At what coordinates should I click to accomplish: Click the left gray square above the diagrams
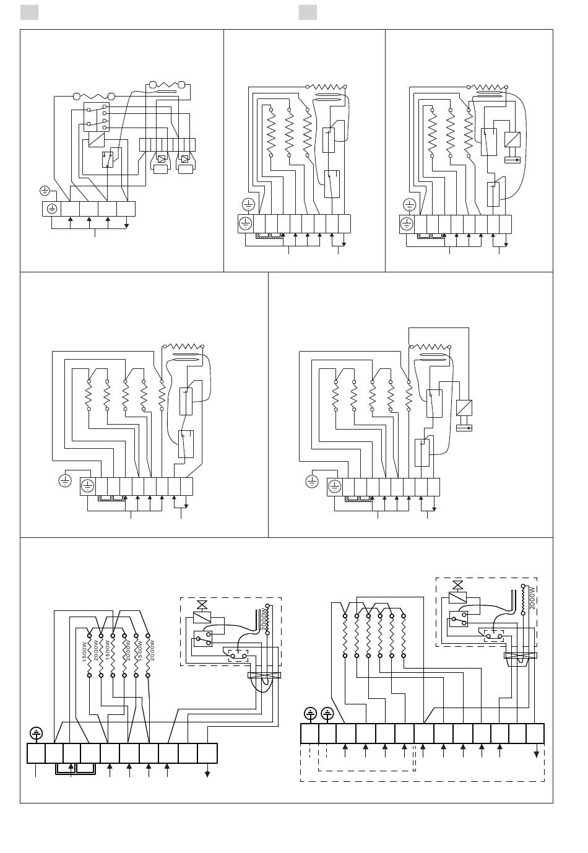pyautogui.click(x=29, y=12)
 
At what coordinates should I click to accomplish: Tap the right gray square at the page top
pyautogui.click(x=308, y=12)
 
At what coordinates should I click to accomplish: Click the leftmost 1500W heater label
pyautogui.click(x=84, y=652)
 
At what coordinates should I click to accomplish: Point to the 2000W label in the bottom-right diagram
pyautogui.click(x=532, y=598)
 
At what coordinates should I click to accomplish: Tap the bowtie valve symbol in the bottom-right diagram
pyautogui.click(x=458, y=585)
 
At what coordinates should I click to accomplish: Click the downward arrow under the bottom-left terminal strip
pyautogui.click(x=207, y=773)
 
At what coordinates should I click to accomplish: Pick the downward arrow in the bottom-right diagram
pyautogui.click(x=536, y=754)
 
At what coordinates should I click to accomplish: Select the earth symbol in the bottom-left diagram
pyautogui.click(x=37, y=734)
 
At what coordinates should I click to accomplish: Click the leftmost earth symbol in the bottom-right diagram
pyautogui.click(x=311, y=714)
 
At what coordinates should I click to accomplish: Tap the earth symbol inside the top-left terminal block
pyautogui.click(x=51, y=209)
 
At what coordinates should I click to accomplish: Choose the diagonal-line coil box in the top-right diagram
pyautogui.click(x=512, y=139)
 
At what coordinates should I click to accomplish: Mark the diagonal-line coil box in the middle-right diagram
pyautogui.click(x=464, y=408)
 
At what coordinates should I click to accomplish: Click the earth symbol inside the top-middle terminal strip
pyautogui.click(x=246, y=223)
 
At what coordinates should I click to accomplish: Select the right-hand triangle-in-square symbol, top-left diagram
pyautogui.click(x=184, y=159)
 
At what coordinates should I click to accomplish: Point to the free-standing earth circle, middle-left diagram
pyautogui.click(x=65, y=480)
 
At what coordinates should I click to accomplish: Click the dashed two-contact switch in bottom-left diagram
pyautogui.click(x=238, y=654)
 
